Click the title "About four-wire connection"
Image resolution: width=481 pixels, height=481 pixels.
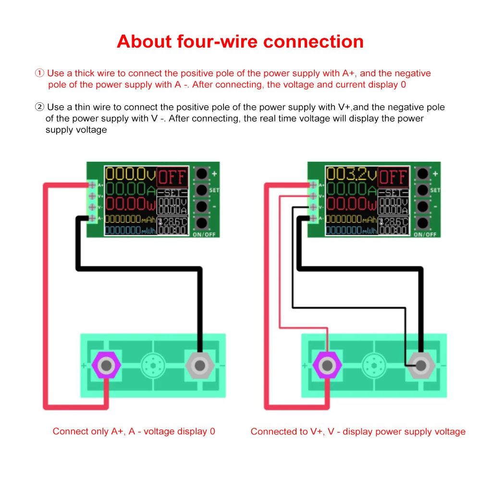tap(240, 41)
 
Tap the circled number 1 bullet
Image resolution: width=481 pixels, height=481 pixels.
tap(40, 74)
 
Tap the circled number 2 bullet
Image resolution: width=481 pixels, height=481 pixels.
tap(40, 107)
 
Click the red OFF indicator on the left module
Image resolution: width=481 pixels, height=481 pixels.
tap(172, 178)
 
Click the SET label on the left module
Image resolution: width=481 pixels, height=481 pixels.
tap(214, 191)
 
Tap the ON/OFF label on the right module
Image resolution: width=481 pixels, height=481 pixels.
tap(425, 234)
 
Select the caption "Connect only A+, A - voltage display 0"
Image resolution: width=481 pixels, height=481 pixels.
tap(134, 432)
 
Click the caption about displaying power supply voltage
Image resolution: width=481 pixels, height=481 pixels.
tap(358, 432)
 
